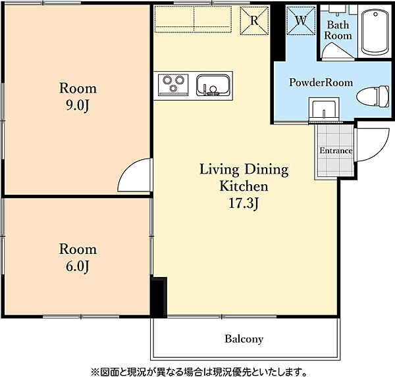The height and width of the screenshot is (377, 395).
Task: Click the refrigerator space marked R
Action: (x=254, y=20)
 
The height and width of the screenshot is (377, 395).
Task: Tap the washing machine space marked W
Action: (x=301, y=20)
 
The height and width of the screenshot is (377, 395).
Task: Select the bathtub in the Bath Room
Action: (x=375, y=32)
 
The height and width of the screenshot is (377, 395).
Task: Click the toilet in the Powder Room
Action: (x=373, y=97)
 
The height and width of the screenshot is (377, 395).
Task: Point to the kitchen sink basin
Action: (x=213, y=86)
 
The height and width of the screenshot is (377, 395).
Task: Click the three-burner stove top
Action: (x=173, y=85)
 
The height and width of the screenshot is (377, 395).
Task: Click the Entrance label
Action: (x=336, y=151)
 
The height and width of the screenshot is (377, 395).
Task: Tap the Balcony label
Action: (x=244, y=339)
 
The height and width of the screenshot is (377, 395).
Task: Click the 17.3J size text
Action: (x=244, y=203)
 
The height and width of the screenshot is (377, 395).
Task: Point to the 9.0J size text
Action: (x=78, y=107)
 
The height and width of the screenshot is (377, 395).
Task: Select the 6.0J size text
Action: (x=78, y=266)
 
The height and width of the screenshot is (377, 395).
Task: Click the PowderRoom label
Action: (x=321, y=82)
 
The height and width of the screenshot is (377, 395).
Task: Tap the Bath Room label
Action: (x=338, y=30)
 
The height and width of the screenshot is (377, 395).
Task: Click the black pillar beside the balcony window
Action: (x=159, y=296)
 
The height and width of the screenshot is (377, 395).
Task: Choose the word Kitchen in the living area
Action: (x=244, y=186)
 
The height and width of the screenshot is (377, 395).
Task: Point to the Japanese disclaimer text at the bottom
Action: (x=199, y=372)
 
